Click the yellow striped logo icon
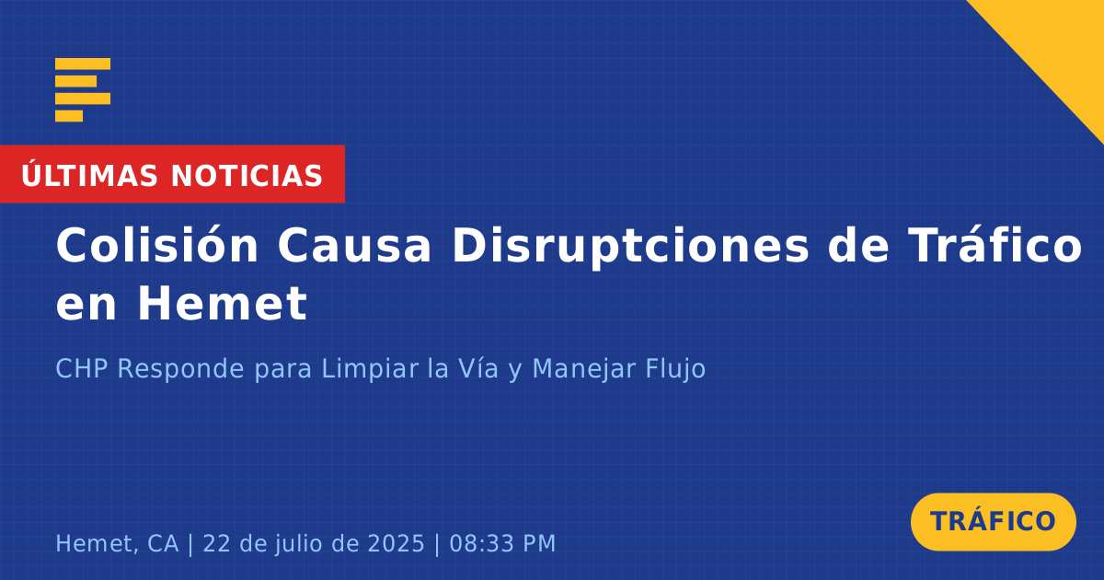point(83,90)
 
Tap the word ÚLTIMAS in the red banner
point(89,175)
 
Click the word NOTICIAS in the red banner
point(247,176)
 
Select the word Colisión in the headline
point(156,245)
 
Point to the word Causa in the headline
point(354,246)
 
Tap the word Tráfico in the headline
point(995,245)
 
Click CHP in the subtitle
point(81,368)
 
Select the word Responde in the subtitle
point(180,368)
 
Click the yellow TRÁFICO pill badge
point(993,521)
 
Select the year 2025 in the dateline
point(396,543)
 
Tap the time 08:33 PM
point(502,543)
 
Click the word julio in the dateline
point(302,544)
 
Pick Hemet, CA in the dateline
point(117,544)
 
